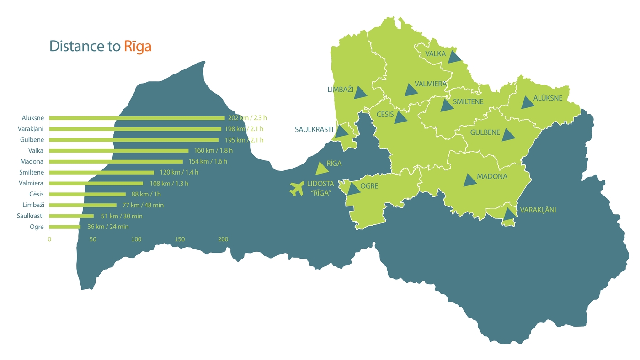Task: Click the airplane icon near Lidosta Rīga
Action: [x=297, y=188]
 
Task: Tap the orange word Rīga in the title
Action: [x=138, y=46]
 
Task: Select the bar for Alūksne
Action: [x=137, y=118]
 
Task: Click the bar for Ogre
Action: [x=65, y=227]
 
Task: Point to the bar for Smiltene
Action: [x=101, y=172]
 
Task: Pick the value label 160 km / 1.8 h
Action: [x=211, y=151]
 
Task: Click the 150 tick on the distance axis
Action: [x=180, y=239]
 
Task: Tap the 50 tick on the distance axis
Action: [x=93, y=239]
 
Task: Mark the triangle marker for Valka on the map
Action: [x=454, y=57]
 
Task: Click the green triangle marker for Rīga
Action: [x=322, y=169]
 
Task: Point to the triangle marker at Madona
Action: [x=469, y=180]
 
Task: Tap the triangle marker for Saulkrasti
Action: [x=341, y=132]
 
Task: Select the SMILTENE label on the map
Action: [x=468, y=102]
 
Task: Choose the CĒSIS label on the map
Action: [x=385, y=114]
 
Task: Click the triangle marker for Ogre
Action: [x=353, y=188]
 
